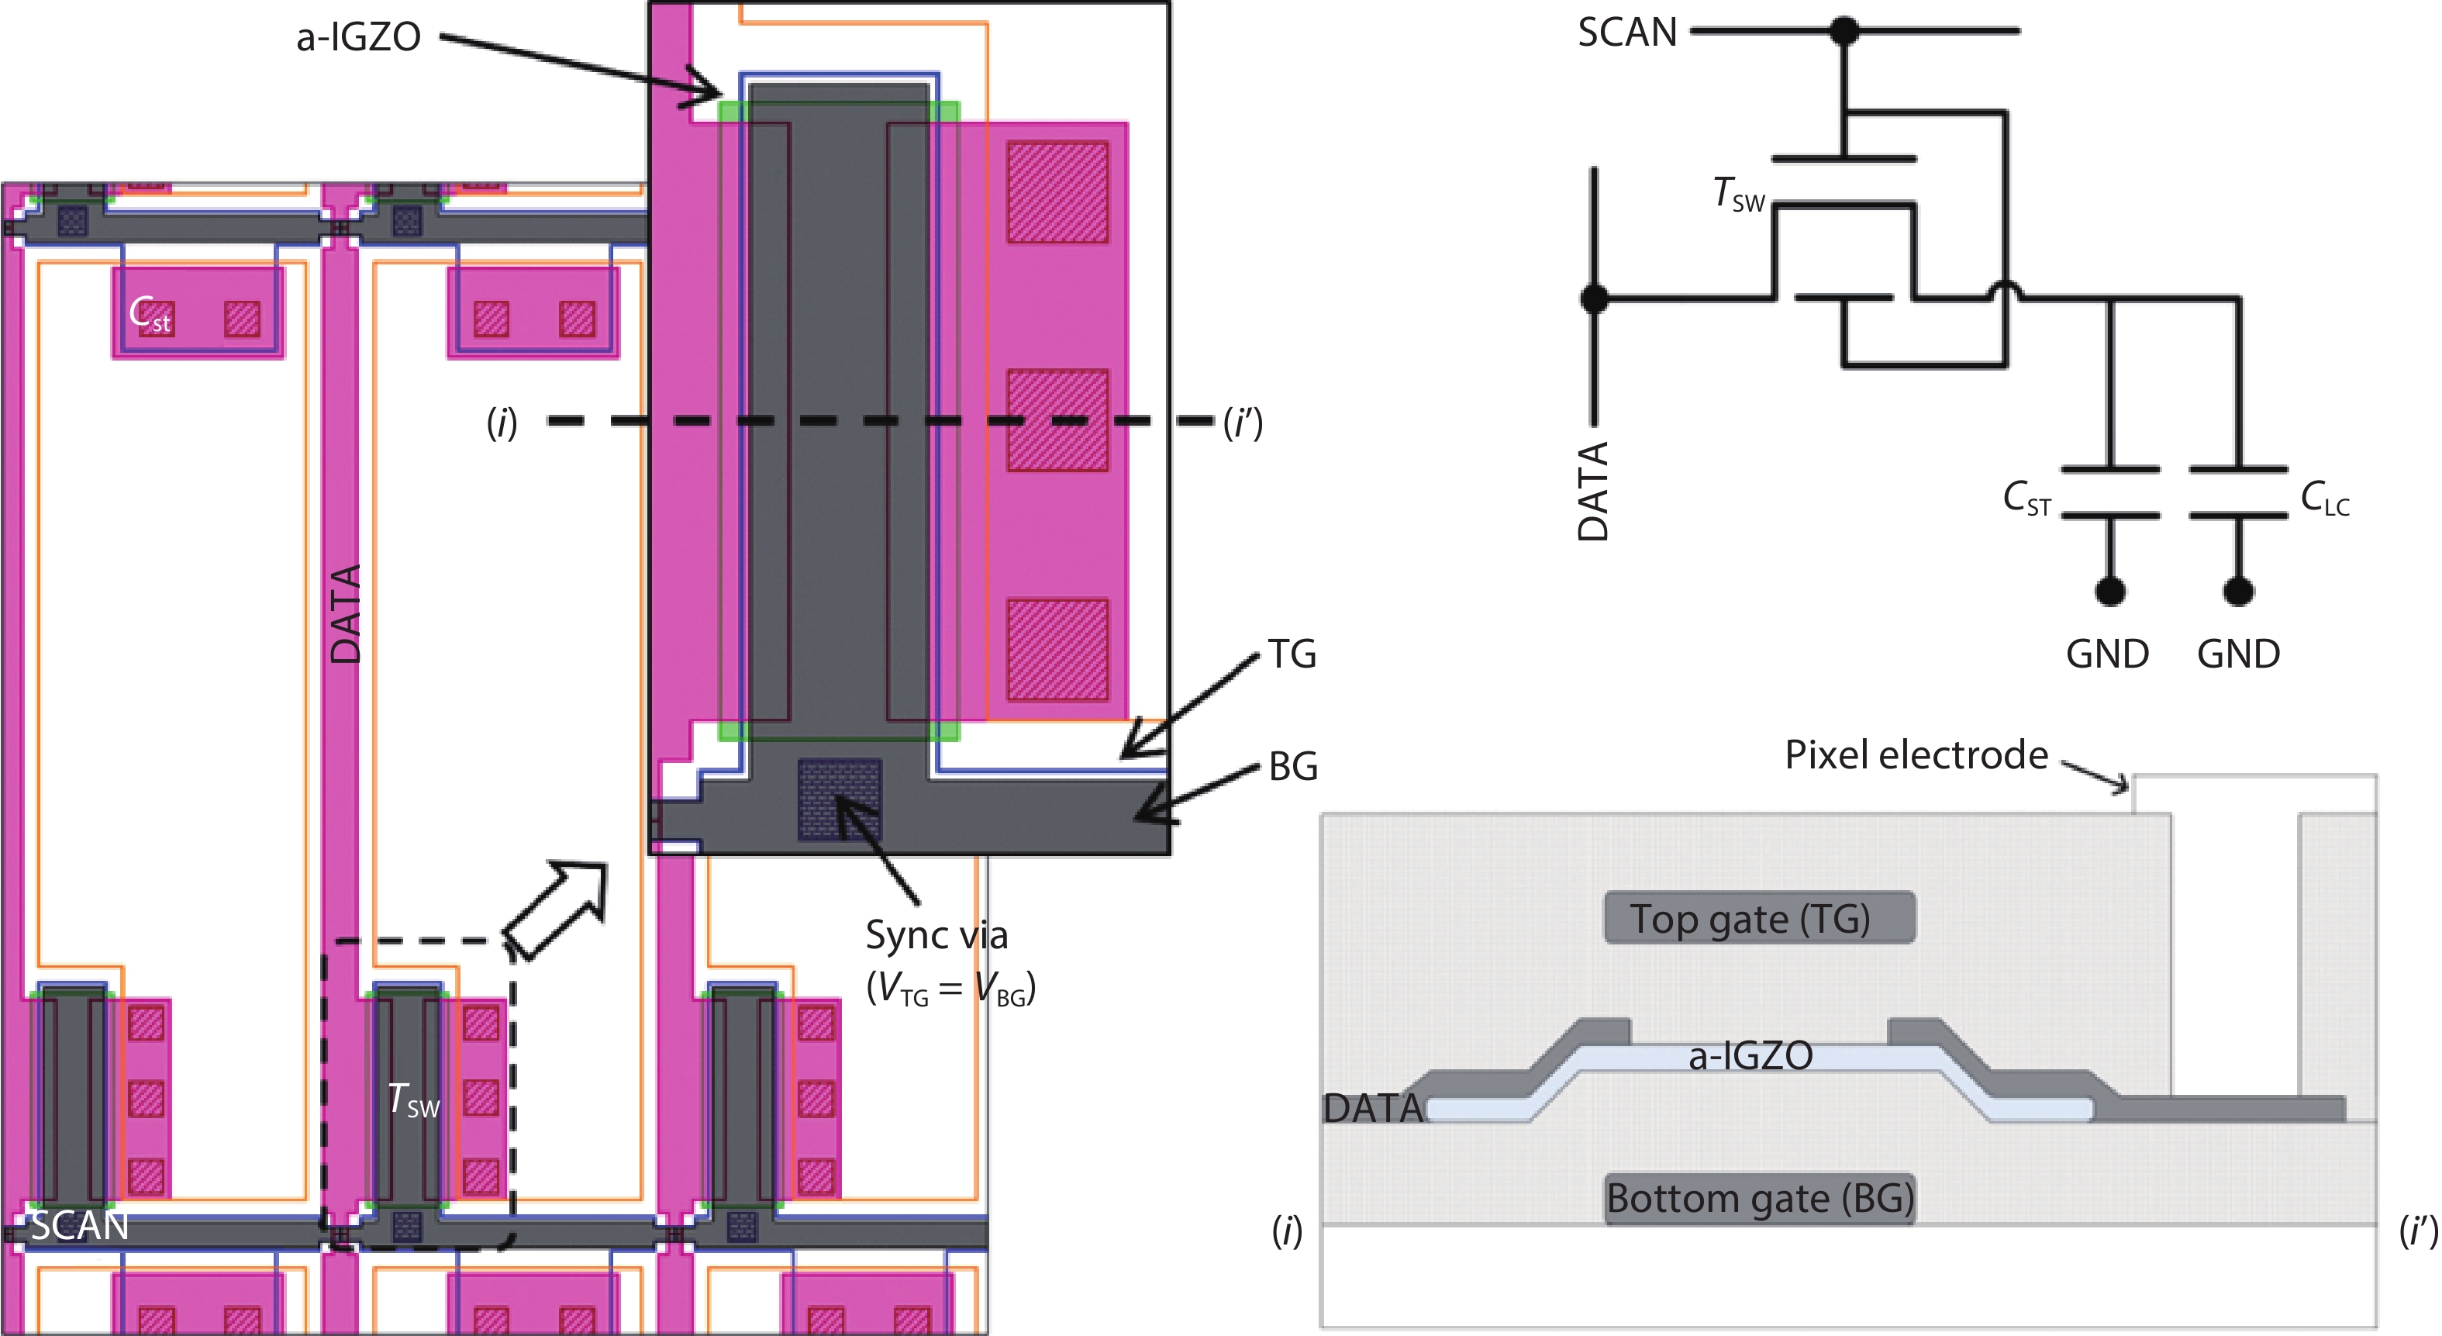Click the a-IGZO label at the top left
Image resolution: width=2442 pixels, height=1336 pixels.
click(x=358, y=38)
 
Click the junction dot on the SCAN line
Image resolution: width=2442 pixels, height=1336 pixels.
click(x=1844, y=30)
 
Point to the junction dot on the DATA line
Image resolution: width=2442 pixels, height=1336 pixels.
click(x=1595, y=299)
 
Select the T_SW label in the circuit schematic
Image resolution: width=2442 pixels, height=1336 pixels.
click(x=1739, y=195)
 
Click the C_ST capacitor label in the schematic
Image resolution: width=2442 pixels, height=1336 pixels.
click(x=2026, y=498)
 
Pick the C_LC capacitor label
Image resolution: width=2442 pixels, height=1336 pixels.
click(x=2324, y=498)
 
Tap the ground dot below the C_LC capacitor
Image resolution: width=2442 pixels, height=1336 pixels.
click(x=2238, y=591)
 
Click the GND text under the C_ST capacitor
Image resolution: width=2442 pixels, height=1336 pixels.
click(x=2106, y=654)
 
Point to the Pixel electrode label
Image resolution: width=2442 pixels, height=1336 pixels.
click(x=1915, y=754)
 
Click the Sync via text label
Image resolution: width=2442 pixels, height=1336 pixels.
click(x=936, y=936)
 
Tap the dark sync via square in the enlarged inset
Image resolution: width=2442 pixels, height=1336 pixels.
click(x=839, y=799)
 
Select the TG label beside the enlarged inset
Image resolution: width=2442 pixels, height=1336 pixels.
click(x=1292, y=654)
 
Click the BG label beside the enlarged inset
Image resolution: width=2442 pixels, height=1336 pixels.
click(x=1293, y=766)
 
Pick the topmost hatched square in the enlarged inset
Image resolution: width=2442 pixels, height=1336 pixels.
click(x=1057, y=192)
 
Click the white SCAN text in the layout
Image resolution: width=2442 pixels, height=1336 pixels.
click(x=80, y=1226)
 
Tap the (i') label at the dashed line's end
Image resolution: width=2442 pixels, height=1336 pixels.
click(x=1243, y=423)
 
